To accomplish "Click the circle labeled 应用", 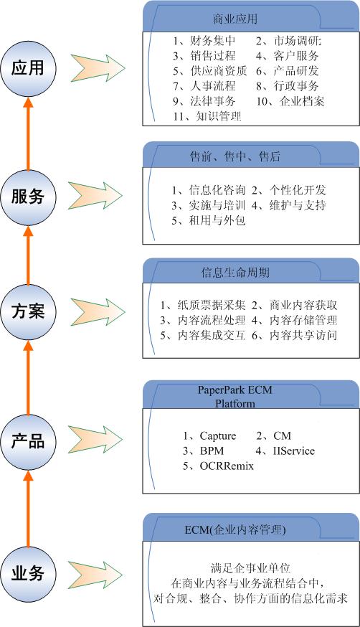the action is pos(28,68).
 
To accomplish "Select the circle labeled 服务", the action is pos(28,197).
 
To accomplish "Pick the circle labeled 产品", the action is pos(28,441).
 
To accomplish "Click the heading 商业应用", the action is pos(235,19).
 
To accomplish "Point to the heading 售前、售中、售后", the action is pos(235,156).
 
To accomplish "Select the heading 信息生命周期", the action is pos(235,273).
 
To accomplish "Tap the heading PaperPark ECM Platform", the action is pos(235,396).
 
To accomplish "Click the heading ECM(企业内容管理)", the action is pos(235,530).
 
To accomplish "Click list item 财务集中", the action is pos(213,41).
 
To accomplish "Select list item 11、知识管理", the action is pos(207,116).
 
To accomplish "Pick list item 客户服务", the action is pos(296,55).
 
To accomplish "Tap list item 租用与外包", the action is pos(217,220).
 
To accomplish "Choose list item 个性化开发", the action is pos(298,190).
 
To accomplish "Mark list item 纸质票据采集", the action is pos(212,305).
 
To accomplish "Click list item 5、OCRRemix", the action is pos(218,466).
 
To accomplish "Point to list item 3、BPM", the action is pos(204,451).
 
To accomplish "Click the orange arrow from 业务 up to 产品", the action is pos(28,508).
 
